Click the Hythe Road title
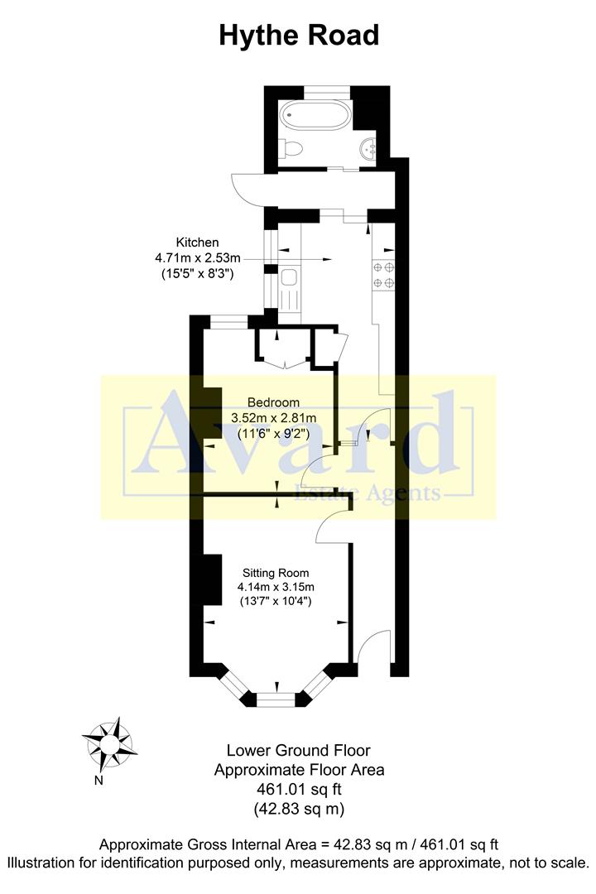[299, 36]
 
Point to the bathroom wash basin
[368, 150]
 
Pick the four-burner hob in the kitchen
[383, 276]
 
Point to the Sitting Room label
[276, 572]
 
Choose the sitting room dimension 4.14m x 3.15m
[276, 587]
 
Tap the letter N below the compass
[99, 779]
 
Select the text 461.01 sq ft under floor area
[299, 789]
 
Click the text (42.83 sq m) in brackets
[299, 808]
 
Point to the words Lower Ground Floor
[299, 751]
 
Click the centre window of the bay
[276, 699]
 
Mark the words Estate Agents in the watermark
[368, 494]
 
